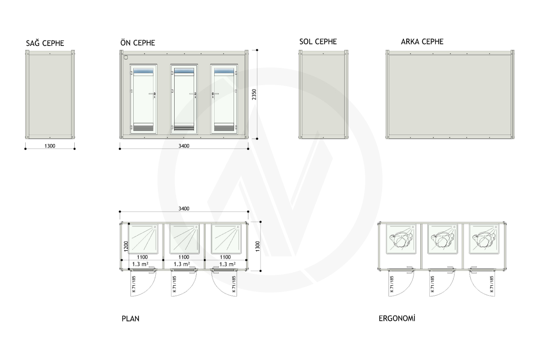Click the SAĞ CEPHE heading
45,43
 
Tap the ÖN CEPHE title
138,43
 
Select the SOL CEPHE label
318,42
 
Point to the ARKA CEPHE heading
422,42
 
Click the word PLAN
130,319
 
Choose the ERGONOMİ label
397,319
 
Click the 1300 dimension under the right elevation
50,146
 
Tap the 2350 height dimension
254,94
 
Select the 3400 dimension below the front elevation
184,146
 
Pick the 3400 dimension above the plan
184,208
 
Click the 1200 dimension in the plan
126,246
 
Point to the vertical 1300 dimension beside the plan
257,246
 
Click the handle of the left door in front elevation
153,94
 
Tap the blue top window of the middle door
184,71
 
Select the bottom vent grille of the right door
224,127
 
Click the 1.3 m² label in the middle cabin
181,264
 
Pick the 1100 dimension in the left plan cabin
142,257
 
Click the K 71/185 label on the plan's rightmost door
234,284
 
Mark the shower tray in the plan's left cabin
143,239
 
